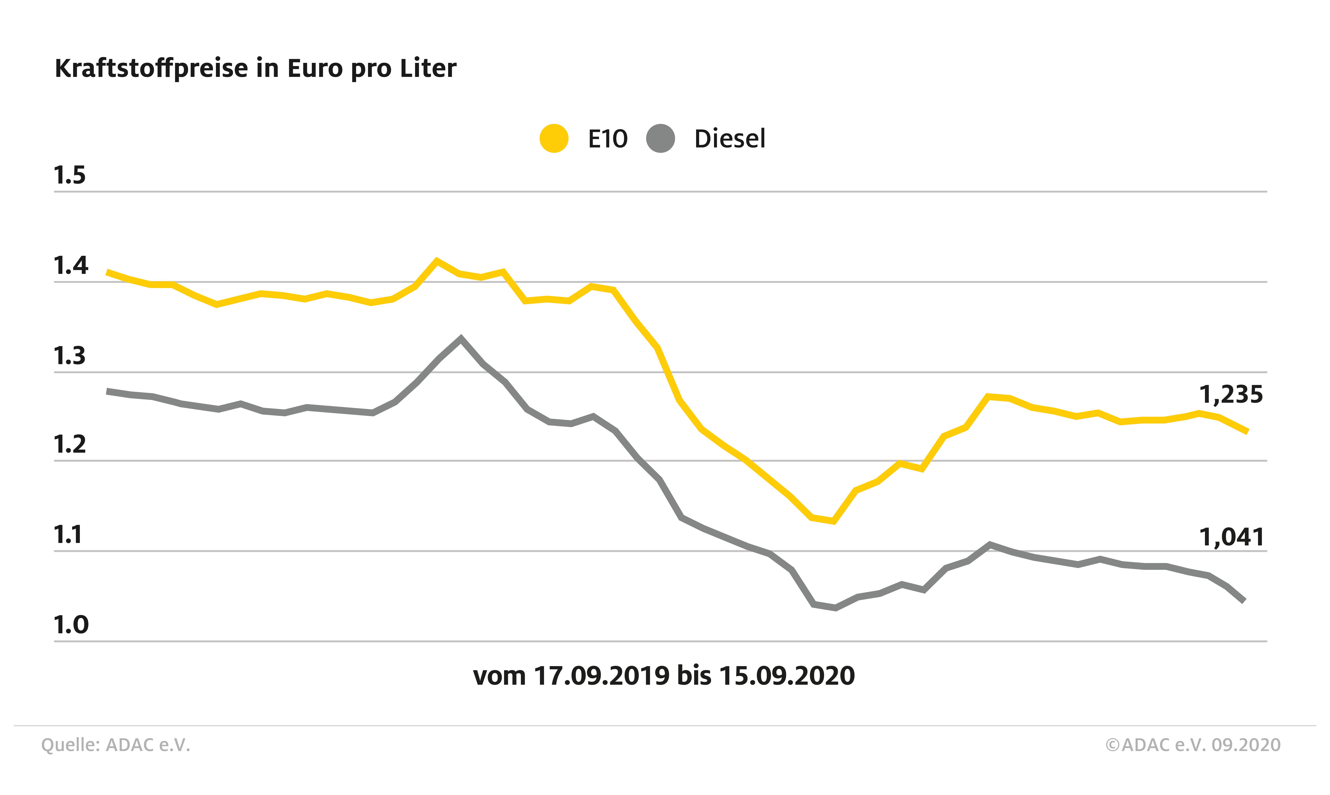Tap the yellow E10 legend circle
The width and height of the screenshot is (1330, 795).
click(x=554, y=138)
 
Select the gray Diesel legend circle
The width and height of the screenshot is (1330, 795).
click(x=660, y=138)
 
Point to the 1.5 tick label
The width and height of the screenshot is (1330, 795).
click(x=70, y=176)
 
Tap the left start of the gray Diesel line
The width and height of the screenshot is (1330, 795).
click(x=108, y=392)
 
